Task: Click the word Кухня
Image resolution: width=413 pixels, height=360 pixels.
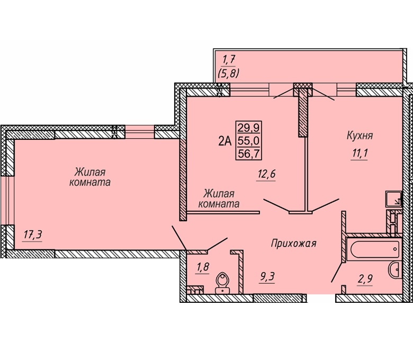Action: [360, 136]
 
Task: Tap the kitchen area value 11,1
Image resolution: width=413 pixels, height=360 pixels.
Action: [359, 154]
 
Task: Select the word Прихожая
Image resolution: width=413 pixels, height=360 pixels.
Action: [293, 244]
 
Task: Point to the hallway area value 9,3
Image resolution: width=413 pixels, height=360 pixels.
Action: [267, 276]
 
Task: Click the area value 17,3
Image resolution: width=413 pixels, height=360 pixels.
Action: [33, 234]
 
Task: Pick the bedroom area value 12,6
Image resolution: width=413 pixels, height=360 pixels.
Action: [266, 174]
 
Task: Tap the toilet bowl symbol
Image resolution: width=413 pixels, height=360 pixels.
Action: [222, 283]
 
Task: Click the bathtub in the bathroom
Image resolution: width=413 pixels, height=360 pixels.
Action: [374, 249]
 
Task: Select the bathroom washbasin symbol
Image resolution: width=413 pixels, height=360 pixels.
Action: [395, 269]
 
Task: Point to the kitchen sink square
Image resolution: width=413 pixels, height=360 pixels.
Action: [393, 199]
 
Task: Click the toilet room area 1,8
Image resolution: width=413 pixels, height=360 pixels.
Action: [203, 267]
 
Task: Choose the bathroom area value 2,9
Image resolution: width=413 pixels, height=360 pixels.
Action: [365, 278]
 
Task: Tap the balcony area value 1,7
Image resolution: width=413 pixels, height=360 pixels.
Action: [228, 60]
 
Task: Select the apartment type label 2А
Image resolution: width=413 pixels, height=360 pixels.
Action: [225, 141]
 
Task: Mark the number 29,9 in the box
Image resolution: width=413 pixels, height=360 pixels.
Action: [248, 128]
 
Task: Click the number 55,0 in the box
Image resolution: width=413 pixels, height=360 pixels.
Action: [248, 141]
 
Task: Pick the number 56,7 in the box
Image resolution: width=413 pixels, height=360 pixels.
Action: [248, 154]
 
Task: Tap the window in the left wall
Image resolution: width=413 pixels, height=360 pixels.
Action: [7, 201]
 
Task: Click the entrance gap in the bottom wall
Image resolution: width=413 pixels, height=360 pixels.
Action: [321, 298]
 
